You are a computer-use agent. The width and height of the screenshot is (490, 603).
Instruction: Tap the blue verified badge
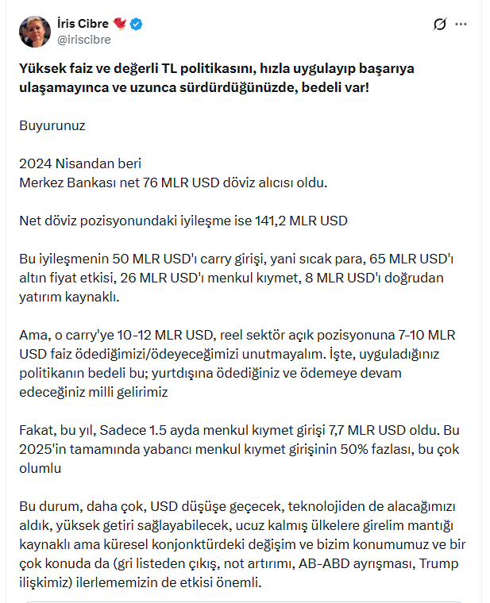[x=137, y=24]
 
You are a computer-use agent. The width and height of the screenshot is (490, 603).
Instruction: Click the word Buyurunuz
[x=52, y=125]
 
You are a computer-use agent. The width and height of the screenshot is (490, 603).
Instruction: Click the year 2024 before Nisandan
[x=36, y=163]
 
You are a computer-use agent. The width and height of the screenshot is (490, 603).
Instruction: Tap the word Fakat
[x=36, y=430]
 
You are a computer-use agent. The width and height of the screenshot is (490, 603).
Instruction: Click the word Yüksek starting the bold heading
[x=42, y=68]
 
